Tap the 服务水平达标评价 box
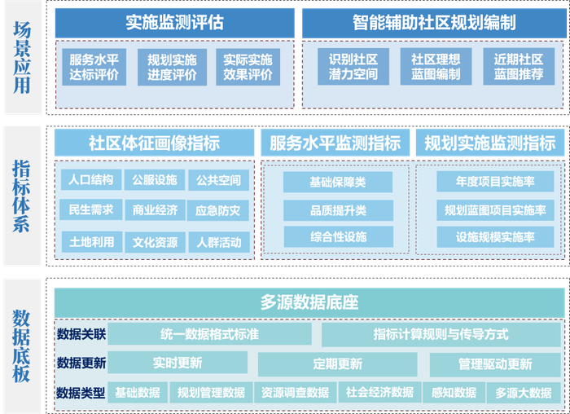94,67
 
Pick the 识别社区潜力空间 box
353,67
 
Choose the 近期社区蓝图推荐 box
518,67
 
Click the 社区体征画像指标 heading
154,143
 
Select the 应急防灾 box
217,210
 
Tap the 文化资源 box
155,241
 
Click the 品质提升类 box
338,210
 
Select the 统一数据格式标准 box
210,334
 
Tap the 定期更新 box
337,363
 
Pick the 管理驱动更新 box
494,363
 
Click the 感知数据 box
454,393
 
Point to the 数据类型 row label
81,393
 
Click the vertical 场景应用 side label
22,57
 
